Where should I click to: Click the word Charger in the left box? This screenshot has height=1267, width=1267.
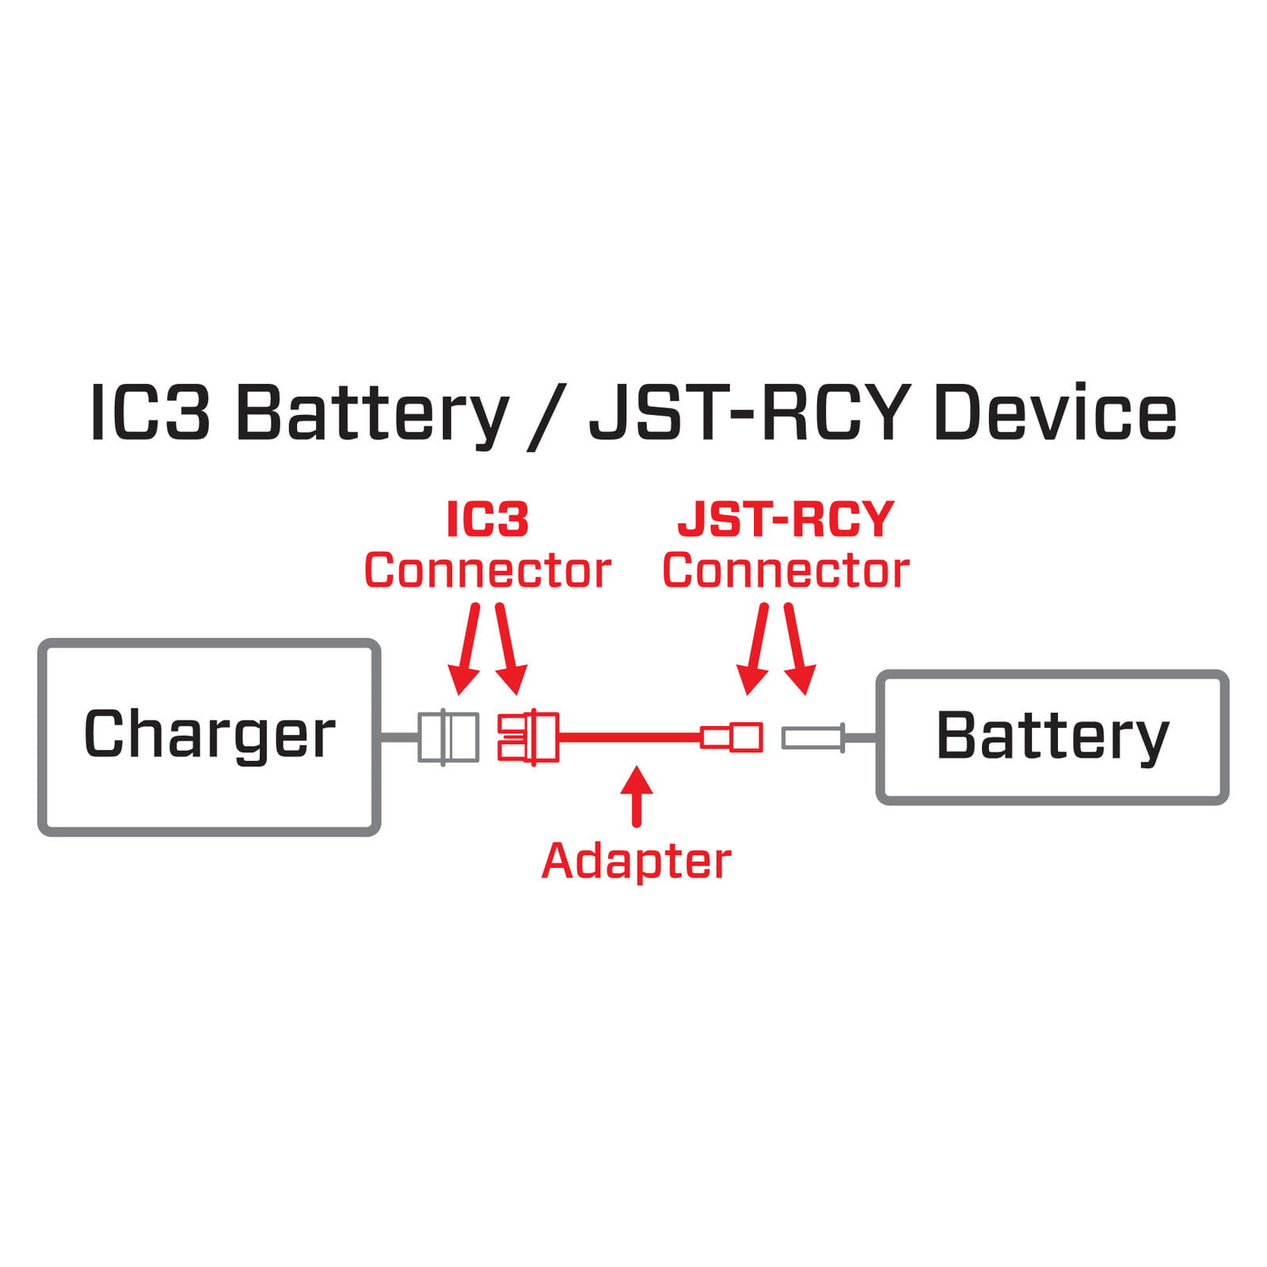(x=209, y=734)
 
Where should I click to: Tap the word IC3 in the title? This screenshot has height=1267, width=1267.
(x=150, y=413)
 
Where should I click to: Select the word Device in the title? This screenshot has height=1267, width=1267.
(x=1055, y=413)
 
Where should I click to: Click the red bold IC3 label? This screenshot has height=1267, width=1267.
(x=487, y=519)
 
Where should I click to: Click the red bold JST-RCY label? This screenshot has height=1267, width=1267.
(x=786, y=519)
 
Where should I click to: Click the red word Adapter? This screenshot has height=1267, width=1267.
(x=636, y=861)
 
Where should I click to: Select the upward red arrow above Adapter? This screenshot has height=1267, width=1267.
(x=636, y=795)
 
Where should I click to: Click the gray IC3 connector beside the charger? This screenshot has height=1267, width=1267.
(x=448, y=736)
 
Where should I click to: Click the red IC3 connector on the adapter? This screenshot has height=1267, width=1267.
(x=528, y=736)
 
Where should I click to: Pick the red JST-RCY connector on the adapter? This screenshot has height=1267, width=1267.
(x=732, y=736)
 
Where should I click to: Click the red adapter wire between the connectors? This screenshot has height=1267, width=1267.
(x=630, y=736)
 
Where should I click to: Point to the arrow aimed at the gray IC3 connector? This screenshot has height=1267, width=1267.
(x=466, y=649)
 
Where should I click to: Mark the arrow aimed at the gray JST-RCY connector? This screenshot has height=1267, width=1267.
(x=799, y=649)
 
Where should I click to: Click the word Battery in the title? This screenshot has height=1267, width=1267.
(x=371, y=413)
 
